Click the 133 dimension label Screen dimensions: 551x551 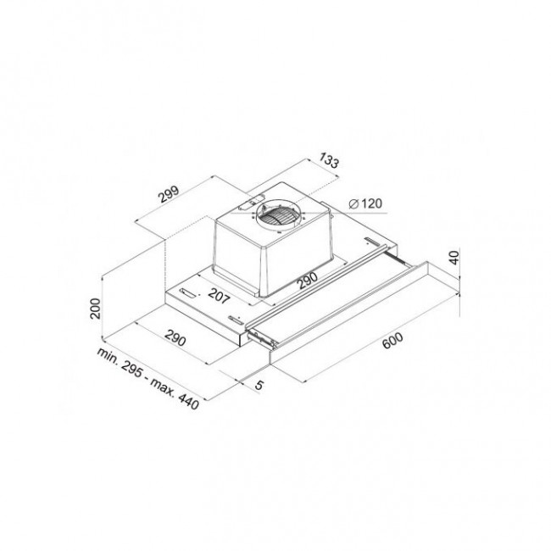[x=329, y=161]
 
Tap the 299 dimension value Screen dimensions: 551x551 [x=169, y=193]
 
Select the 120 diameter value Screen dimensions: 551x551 [x=371, y=203]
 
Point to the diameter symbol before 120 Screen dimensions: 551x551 [x=353, y=203]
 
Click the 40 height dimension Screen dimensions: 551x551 [x=454, y=258]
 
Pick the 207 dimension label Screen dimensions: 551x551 [x=219, y=296]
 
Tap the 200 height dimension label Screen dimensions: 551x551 [x=95, y=309]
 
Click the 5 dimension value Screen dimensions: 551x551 [x=259, y=385]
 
